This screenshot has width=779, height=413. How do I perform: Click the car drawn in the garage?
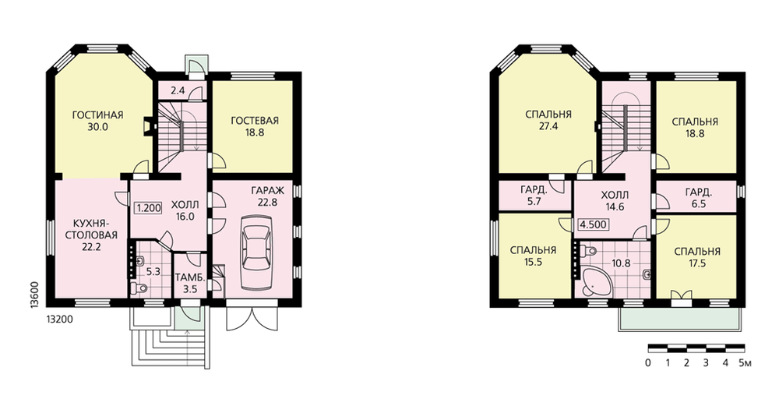256,252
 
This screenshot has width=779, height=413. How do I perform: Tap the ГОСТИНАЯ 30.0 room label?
98,121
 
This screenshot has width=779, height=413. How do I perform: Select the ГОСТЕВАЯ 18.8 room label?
255,126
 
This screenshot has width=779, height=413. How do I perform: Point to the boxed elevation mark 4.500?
593,224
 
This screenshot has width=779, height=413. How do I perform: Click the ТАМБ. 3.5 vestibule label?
188,283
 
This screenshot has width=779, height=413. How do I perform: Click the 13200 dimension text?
58,319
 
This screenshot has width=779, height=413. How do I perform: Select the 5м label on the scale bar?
746,363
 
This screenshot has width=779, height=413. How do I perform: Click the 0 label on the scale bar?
648,363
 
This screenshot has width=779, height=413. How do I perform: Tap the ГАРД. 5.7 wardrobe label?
534,196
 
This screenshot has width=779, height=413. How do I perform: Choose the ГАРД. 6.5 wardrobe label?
699,197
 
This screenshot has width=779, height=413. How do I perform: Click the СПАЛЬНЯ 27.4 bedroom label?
548,120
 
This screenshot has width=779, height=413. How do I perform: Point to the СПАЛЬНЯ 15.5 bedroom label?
533,256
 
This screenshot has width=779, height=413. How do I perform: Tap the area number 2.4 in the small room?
178,90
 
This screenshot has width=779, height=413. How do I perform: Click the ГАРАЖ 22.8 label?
267,196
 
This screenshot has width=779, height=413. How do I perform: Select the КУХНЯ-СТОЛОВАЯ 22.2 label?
91,234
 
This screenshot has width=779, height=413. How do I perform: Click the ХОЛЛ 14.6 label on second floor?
615,201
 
